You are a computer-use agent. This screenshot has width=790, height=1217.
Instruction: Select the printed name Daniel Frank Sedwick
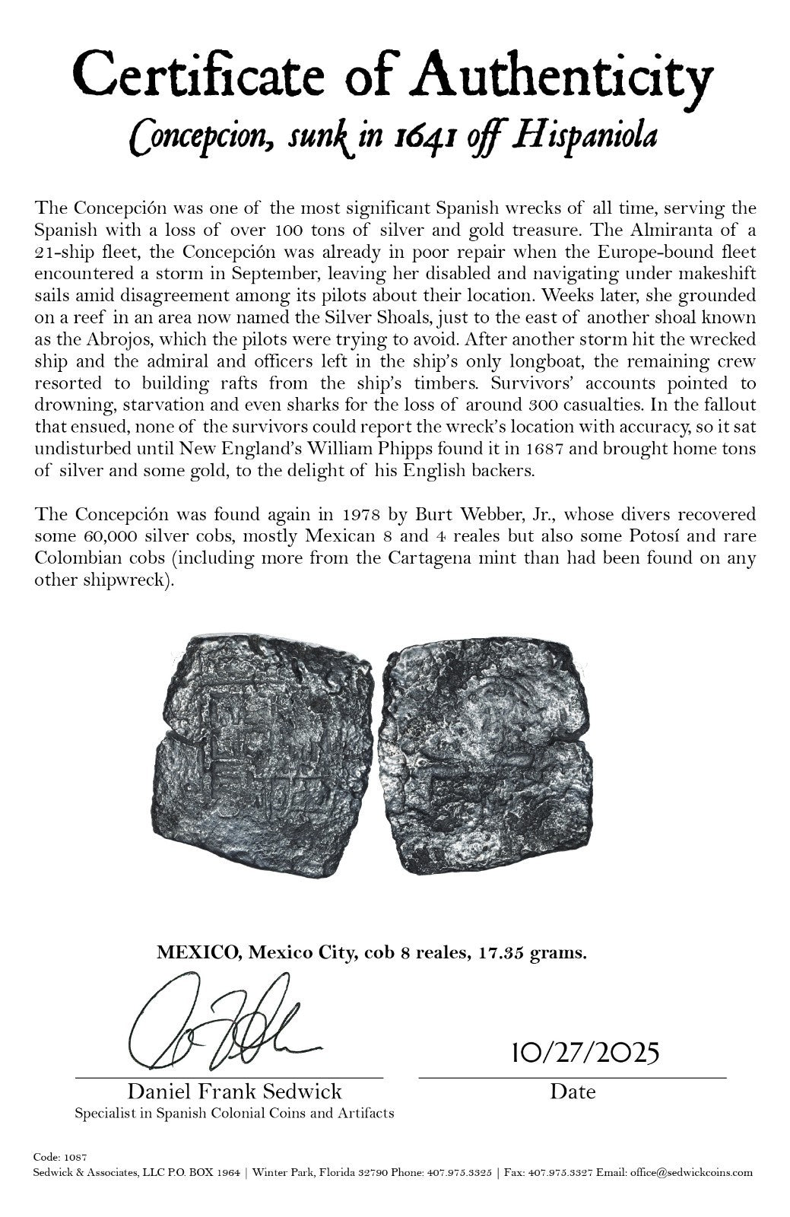tap(234, 1092)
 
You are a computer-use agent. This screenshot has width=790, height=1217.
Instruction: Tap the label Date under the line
tap(573, 1092)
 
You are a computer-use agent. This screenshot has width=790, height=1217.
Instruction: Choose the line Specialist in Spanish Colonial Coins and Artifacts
tap(234, 1114)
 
